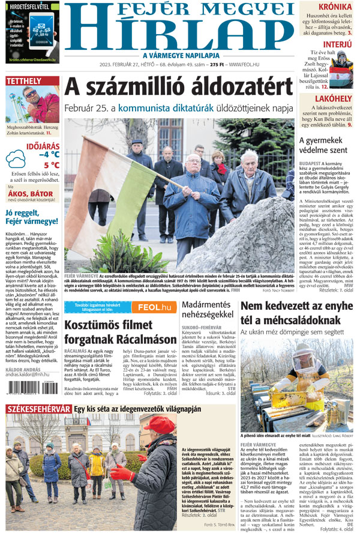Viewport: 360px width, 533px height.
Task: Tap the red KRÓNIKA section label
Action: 335,7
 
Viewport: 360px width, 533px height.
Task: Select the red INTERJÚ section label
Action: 337,44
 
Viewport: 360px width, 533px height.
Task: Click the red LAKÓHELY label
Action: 333,98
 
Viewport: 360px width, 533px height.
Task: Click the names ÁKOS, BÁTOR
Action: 30,193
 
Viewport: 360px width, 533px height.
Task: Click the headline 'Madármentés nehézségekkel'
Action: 208,310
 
